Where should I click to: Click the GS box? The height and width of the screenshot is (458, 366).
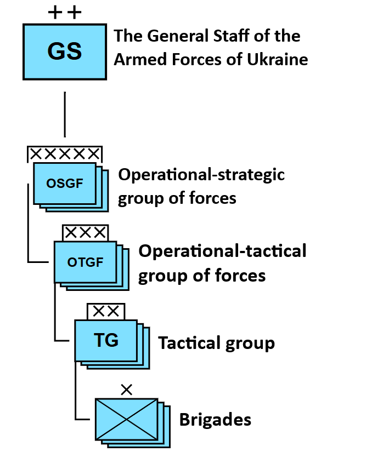pyautogui.click(x=64, y=51)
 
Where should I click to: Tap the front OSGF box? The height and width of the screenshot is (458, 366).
pyautogui.click(x=64, y=183)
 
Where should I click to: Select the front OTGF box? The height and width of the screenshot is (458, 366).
pyautogui.click(x=85, y=262)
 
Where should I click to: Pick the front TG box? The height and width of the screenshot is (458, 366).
pyautogui.click(x=106, y=341)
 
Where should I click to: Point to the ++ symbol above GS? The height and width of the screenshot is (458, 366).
pyautogui.click(x=64, y=12)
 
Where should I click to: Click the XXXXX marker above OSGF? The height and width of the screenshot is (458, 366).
pyautogui.click(x=64, y=153)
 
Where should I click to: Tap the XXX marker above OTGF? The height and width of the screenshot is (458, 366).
pyautogui.click(x=85, y=233)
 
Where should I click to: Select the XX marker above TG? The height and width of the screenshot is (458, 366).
pyautogui.click(x=106, y=311)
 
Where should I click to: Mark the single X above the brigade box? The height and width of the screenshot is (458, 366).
pyautogui.click(x=126, y=390)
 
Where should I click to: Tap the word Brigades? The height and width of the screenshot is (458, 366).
pyautogui.click(x=215, y=420)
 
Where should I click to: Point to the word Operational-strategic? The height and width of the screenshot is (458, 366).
pyautogui.click(x=201, y=175)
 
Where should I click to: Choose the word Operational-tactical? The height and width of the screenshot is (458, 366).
pyautogui.click(x=222, y=251)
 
